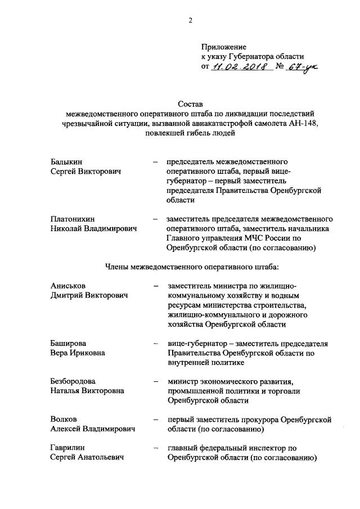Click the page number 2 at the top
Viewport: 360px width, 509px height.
click(x=190, y=21)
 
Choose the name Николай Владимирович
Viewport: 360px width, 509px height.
click(x=93, y=228)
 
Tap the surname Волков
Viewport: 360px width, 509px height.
click(x=64, y=419)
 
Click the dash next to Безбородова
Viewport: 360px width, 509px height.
click(x=155, y=381)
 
